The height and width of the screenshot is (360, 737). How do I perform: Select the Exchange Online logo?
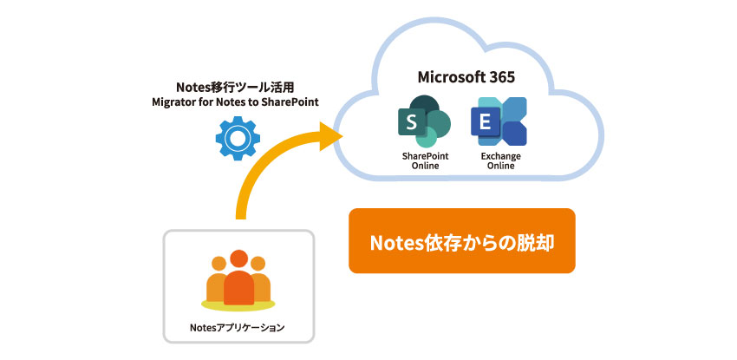(x=499, y=121)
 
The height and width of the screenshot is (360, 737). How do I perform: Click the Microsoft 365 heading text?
(x=467, y=77)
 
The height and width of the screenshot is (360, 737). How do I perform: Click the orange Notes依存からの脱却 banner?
(x=461, y=241)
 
